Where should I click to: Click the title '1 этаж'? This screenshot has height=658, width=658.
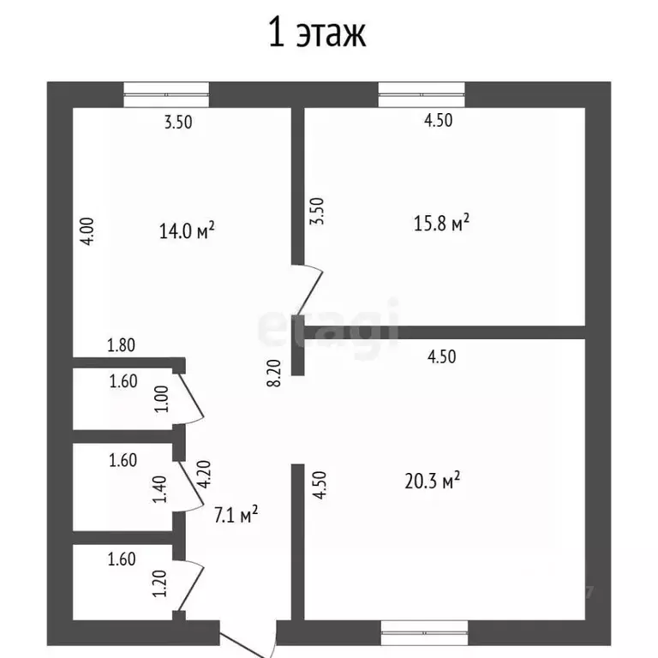point(317,33)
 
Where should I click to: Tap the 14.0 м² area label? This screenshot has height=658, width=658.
point(187,230)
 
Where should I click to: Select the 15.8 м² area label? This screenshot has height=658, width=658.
point(441,223)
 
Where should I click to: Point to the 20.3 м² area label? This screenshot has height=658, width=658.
point(432,481)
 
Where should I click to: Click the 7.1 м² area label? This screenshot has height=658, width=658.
point(236,514)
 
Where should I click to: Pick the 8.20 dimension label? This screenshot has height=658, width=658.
point(274,373)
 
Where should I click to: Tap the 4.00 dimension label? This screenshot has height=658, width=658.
point(87,231)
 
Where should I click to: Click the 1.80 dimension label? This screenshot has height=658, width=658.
point(122,345)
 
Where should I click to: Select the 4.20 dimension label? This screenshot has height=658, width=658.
point(205,474)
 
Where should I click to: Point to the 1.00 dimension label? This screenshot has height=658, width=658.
point(162,399)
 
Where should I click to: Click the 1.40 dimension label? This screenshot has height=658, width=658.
point(160,489)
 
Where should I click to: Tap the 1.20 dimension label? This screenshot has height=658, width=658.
point(160,583)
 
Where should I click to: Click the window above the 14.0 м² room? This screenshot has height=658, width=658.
point(166,95)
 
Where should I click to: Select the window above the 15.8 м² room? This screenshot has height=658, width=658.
point(422,95)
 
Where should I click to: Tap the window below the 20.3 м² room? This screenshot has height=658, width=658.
point(424,633)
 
